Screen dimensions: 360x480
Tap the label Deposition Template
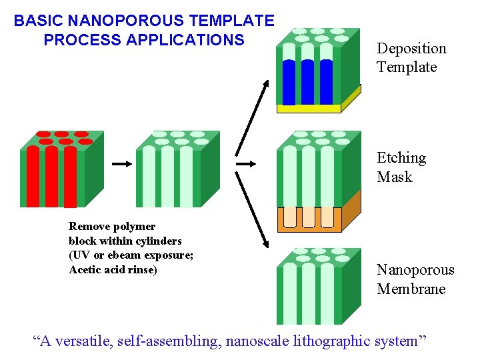tap(411, 57)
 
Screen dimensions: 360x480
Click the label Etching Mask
tap(401, 167)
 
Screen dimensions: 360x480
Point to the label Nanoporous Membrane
tap(415, 279)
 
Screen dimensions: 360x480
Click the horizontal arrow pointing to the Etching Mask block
tap(247, 163)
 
